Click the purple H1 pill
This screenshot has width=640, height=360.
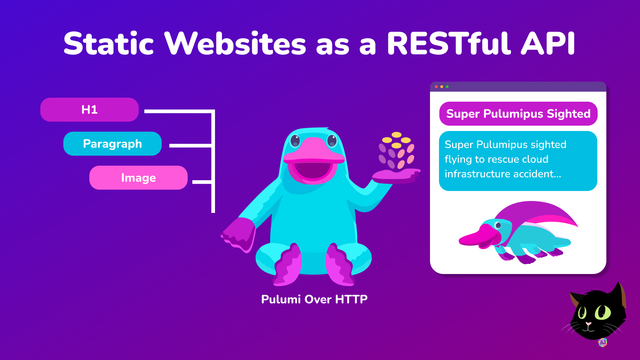pyautogui.click(x=89, y=108)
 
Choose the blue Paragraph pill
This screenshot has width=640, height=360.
pyautogui.click(x=111, y=144)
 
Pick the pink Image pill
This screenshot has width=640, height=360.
pyautogui.click(x=138, y=178)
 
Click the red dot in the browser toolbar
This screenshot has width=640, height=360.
pyautogui.click(x=437, y=87)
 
